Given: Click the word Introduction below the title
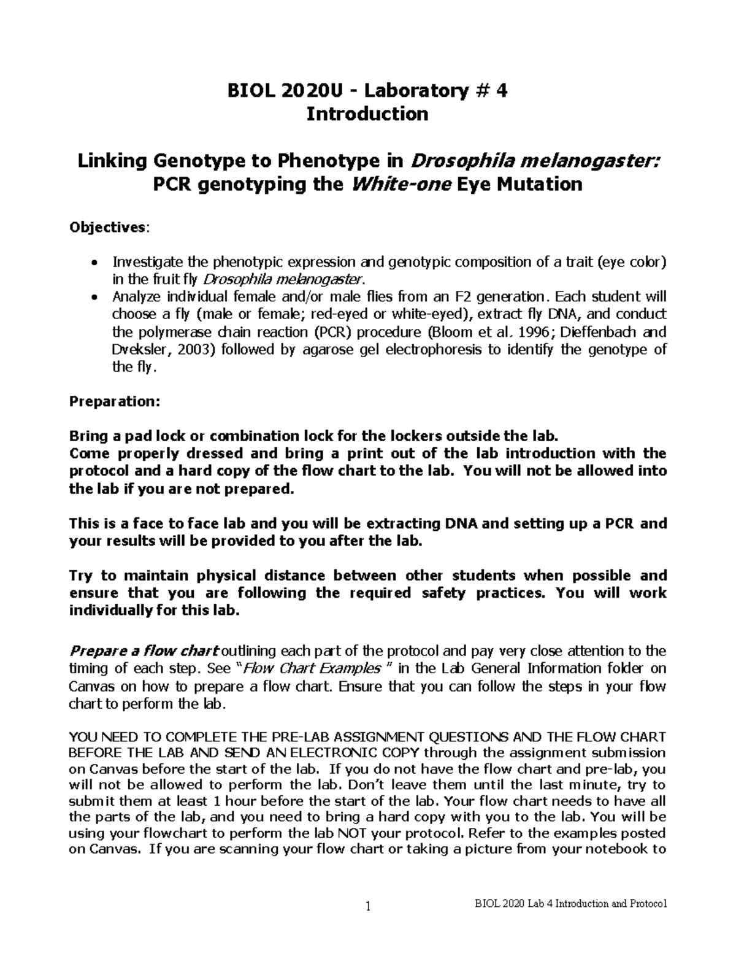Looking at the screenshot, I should click(367, 114).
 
